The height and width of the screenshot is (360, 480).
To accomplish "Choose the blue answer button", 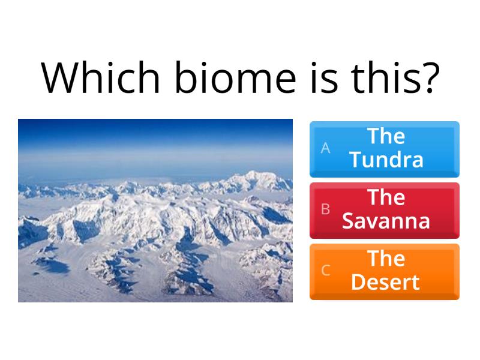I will point(385,149).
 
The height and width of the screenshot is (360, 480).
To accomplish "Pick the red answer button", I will point(385,210).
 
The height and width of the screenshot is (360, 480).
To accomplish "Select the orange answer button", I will point(385,271).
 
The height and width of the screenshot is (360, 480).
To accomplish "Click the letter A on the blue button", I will point(325,148).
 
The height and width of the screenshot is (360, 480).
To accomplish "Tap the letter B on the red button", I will point(325,209).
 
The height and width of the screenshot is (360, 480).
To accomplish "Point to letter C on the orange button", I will point(325,271).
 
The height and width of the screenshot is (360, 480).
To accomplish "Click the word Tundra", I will point(386,160).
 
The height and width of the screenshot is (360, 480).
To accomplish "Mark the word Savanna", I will point(386,221).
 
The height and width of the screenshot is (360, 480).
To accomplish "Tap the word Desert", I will point(385,283).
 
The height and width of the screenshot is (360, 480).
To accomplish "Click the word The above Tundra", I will point(386,136).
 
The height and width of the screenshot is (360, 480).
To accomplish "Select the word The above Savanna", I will point(386,197).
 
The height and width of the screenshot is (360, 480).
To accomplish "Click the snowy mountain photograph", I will point(155,228).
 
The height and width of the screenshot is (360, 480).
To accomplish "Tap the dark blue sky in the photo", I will point(155,129).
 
